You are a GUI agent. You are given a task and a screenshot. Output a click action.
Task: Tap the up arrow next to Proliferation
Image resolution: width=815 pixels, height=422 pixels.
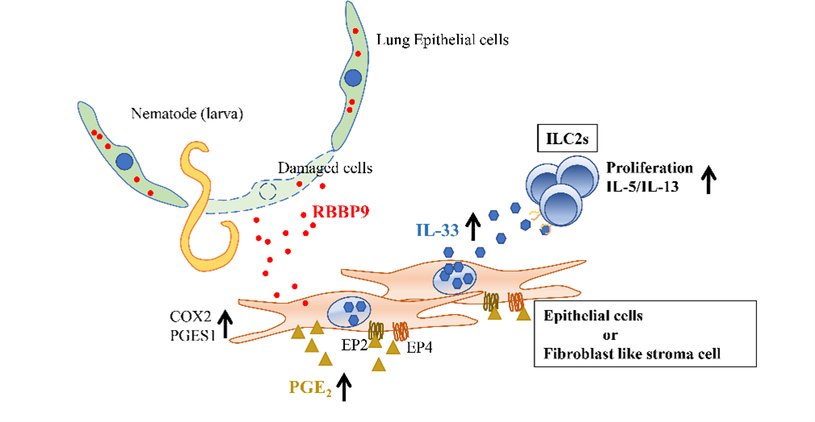pyautogui.click(x=710, y=178)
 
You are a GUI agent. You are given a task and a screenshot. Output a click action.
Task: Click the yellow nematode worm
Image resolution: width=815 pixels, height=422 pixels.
pyautogui.click(x=198, y=201)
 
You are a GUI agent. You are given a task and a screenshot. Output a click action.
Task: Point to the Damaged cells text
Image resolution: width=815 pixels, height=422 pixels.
pyautogui.click(x=325, y=168)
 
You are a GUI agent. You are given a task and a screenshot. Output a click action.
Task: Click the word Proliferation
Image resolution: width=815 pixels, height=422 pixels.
pyautogui.click(x=649, y=168)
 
